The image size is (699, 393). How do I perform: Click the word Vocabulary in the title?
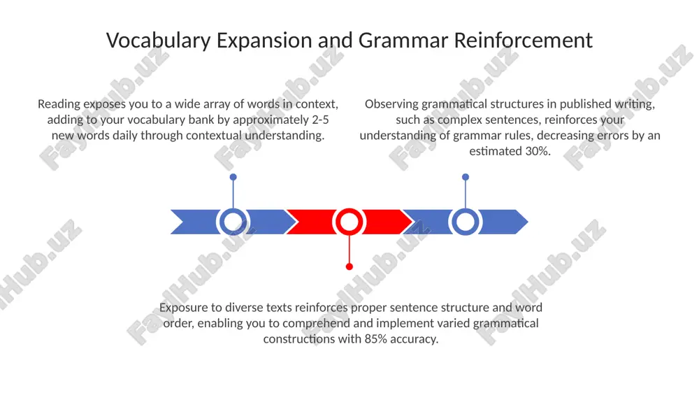coord(158,41)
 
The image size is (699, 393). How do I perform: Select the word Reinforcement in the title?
coord(524,40)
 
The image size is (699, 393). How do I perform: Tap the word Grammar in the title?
coord(403,40)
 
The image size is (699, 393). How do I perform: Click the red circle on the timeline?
coord(349,222)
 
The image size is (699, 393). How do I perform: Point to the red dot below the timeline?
coord(349,266)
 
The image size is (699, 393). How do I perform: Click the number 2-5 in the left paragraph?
coord(320,120)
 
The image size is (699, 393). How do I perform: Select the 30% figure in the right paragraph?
coord(538,151)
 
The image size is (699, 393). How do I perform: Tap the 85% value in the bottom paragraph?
coord(376,339)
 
